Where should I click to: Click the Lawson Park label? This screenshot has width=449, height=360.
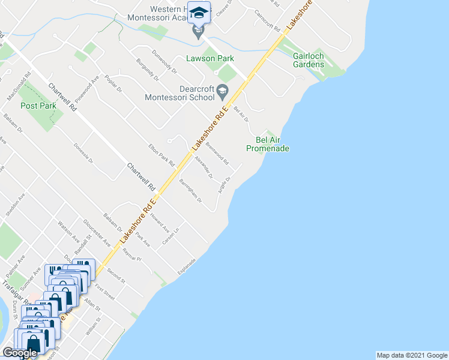(x=209, y=58)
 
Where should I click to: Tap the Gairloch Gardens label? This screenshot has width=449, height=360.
(x=309, y=60)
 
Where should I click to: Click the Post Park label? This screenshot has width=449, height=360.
(x=38, y=106)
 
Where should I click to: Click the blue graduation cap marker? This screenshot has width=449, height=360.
(x=199, y=12)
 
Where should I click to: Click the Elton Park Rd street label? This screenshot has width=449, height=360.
(x=161, y=155)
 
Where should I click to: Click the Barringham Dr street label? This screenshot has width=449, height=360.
(x=191, y=191)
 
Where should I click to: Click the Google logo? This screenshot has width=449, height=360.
(x=20, y=353)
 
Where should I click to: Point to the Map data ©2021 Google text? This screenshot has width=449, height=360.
(x=411, y=355)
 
